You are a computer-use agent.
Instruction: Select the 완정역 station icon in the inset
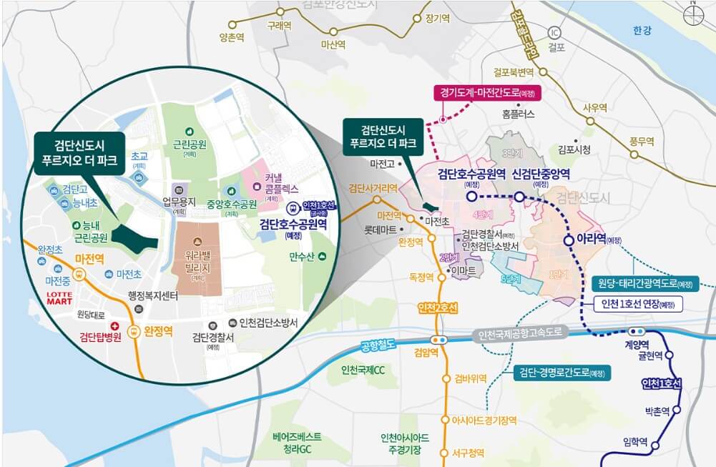pyautogui.click(x=134, y=331)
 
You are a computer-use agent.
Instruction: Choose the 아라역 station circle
pyautogui.click(x=569, y=241)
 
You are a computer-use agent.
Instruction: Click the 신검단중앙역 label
pyautogui.click(x=541, y=174)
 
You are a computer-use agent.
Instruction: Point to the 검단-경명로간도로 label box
pyautogui.click(x=562, y=373)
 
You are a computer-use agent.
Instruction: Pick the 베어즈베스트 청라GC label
pyautogui.click(x=297, y=442)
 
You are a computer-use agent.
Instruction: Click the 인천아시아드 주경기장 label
pyautogui.click(x=405, y=443)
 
